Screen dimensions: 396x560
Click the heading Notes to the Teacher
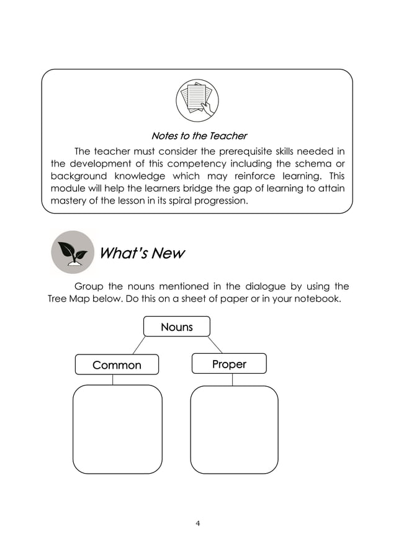(199, 135)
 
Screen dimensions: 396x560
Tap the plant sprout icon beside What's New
(71, 253)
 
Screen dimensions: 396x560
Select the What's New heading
(142, 254)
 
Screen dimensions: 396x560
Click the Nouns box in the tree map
(177, 327)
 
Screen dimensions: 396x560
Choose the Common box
(117, 365)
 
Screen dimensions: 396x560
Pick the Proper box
(229, 364)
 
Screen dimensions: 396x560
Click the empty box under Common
(117, 429)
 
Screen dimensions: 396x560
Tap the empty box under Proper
(233, 430)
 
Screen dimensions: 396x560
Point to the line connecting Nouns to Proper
(215, 345)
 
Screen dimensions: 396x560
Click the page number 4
(197, 523)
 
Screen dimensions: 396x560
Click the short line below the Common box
(112, 380)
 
